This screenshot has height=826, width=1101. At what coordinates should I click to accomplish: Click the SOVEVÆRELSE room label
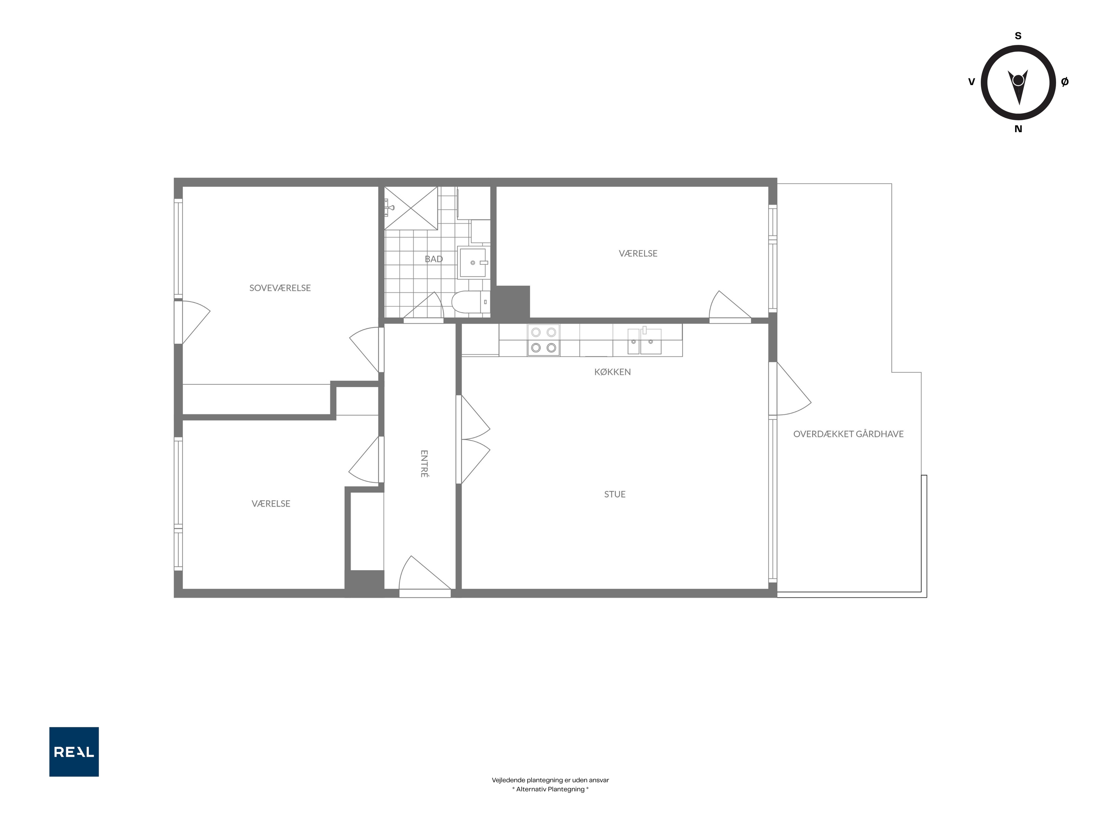click(280, 288)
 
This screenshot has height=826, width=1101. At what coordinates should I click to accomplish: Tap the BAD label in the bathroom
click(434, 259)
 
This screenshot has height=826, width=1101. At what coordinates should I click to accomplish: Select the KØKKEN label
click(612, 372)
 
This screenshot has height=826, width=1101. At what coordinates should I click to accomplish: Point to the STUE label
click(615, 494)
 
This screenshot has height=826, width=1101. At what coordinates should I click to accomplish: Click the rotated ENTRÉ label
click(424, 463)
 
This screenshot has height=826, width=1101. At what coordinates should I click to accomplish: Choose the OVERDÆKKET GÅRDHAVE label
click(848, 434)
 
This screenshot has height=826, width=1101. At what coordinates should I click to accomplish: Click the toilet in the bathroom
click(471, 302)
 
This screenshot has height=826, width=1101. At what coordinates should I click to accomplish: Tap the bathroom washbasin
click(473, 262)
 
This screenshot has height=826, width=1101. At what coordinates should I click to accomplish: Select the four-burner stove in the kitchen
click(544, 340)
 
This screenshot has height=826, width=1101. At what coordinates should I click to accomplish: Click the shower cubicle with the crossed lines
click(411, 208)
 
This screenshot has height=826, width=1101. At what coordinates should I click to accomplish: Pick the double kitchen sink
click(644, 341)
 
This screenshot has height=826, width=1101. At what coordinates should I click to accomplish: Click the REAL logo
click(74, 751)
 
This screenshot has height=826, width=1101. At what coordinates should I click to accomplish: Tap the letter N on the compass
click(1018, 129)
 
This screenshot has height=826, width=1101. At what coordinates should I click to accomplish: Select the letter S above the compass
click(1018, 36)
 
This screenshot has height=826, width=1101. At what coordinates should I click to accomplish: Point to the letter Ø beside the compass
click(1065, 82)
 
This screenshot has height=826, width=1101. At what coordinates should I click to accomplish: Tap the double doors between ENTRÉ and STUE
click(473, 439)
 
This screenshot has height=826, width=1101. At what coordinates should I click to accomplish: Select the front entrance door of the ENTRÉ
click(425, 576)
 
